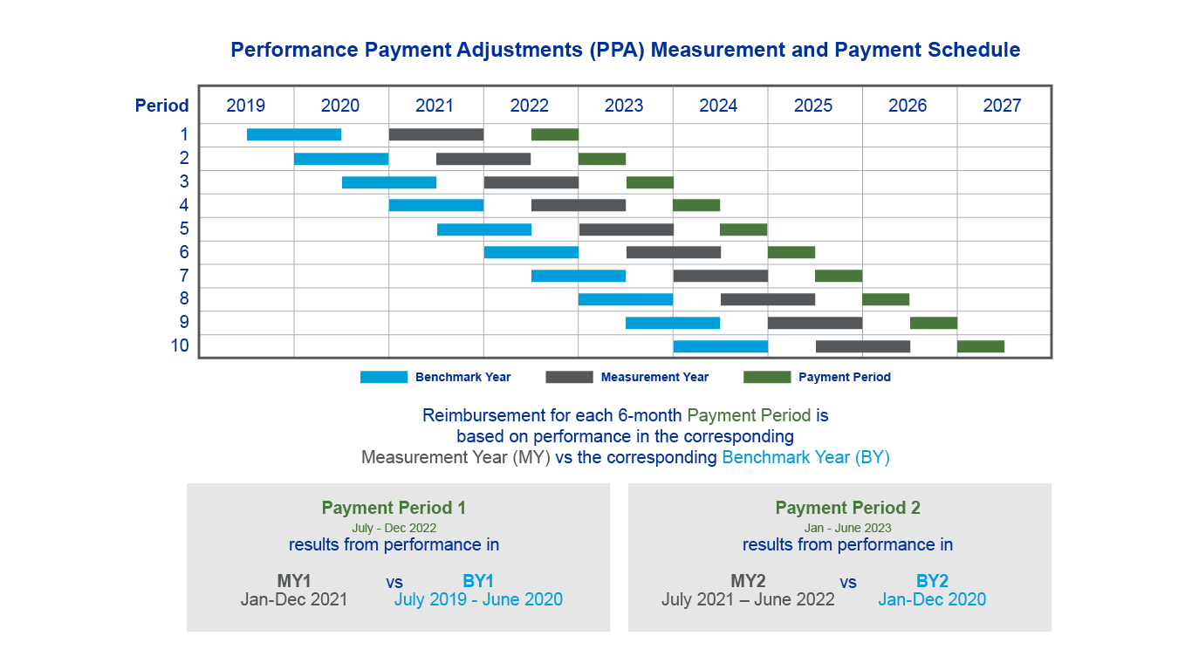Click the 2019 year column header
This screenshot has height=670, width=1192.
pos(246,106)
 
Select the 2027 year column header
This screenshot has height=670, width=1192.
pos(1002,106)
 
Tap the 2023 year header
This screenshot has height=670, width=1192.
pos(624,106)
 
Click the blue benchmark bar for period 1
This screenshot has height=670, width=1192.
pos(294,134)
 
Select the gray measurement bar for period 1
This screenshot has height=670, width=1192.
pos(436,134)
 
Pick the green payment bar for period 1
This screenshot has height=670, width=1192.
pos(555,134)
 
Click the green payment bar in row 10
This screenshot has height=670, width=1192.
pos(981,346)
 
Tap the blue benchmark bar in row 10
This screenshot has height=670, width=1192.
pos(721,346)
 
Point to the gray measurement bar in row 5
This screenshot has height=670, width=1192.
pos(627,229)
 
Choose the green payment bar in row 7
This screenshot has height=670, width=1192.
pos(839,276)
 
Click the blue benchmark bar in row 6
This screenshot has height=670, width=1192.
pos(531,252)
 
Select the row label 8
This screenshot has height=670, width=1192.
pos(184,298)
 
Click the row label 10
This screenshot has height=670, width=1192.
pos(180,345)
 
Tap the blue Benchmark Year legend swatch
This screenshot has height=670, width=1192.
pos(384,377)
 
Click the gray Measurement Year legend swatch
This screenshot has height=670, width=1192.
pos(569,377)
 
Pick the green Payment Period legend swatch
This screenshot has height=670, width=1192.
pos(767,377)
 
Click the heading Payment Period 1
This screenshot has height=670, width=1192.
pos(394,508)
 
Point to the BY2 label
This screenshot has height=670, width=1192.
pos(932,581)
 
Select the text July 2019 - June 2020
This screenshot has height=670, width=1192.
pos(478,599)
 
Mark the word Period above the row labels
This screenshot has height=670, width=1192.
pos(161,106)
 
